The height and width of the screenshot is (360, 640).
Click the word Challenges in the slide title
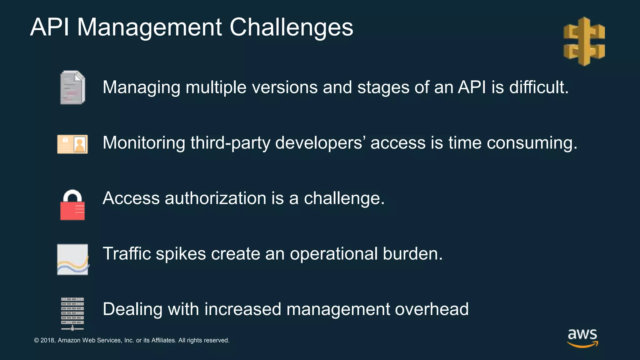point(291,27)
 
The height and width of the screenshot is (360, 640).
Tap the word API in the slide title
point(49,27)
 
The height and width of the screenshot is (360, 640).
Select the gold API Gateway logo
point(584,41)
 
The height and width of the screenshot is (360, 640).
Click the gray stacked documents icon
point(72,87)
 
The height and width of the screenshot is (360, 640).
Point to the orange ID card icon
point(72,144)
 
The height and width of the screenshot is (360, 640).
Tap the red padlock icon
point(72,205)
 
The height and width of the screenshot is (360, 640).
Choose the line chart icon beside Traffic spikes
point(72,259)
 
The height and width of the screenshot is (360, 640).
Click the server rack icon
point(72,313)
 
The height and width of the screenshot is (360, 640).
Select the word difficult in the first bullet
point(539,87)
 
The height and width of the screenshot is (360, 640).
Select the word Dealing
point(132,309)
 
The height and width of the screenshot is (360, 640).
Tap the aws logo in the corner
point(582,338)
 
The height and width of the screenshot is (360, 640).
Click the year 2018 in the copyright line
point(48,340)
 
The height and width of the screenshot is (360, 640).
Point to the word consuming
point(532,143)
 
